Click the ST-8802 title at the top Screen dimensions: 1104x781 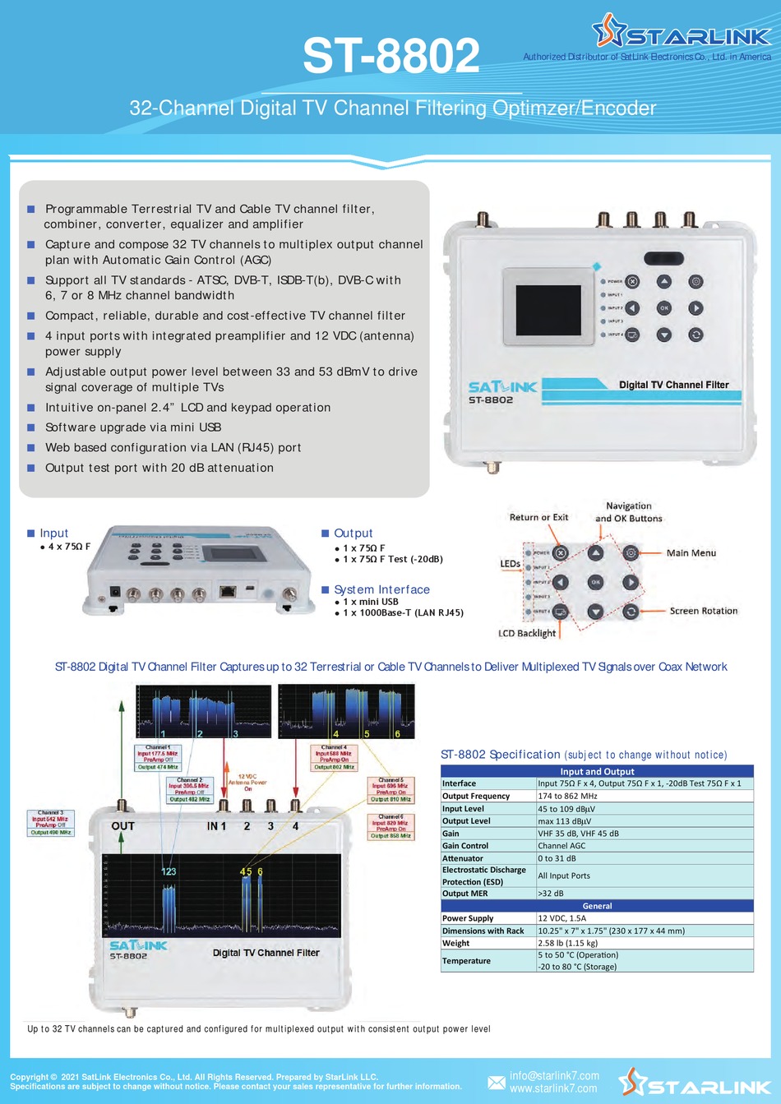pyautogui.click(x=390, y=56)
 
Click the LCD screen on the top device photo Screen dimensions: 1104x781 pyautogui.click(x=548, y=305)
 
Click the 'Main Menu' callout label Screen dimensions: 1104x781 pyautogui.click(x=691, y=553)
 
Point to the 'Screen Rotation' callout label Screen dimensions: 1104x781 pyautogui.click(x=703, y=611)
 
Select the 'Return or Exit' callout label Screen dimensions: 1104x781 pyautogui.click(x=538, y=517)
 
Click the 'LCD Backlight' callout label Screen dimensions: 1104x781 pyautogui.click(x=527, y=633)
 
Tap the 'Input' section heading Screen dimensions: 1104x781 pyautogui.click(x=53, y=534)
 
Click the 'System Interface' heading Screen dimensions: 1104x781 pyautogui.click(x=381, y=589)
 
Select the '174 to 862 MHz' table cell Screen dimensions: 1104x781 pyautogui.click(x=567, y=796)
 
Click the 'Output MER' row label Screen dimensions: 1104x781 pyautogui.click(x=464, y=894)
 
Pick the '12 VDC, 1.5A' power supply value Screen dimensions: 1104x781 pyautogui.click(x=562, y=918)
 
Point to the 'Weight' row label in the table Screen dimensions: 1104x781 pyautogui.click(x=455, y=943)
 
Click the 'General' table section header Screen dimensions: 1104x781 pyautogui.click(x=597, y=906)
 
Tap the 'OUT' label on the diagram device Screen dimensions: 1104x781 pyautogui.click(x=122, y=825)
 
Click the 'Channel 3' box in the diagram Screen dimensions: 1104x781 pyautogui.click(x=50, y=822)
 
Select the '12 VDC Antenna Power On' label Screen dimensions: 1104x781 pyautogui.click(x=247, y=782)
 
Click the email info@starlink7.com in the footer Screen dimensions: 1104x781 pyautogui.click(x=554, y=1075)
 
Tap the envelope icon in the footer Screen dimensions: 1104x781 pyautogui.click(x=497, y=1082)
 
